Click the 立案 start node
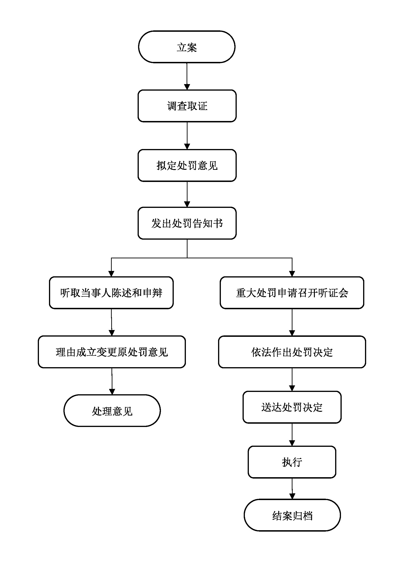pyautogui.click(x=187, y=47)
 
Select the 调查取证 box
pyautogui.click(x=187, y=106)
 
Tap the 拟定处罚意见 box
pyautogui.click(x=187, y=166)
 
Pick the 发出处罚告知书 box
pyautogui.click(x=187, y=223)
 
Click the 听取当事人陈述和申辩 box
pyautogui.click(x=111, y=293)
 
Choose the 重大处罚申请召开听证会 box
pyautogui.click(x=292, y=293)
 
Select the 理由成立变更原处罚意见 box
pyautogui.click(x=112, y=352)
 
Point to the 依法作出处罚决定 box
pyautogui.click(x=292, y=352)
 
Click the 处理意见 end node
pyautogui.click(x=112, y=411)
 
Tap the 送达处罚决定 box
pyautogui.click(x=292, y=407)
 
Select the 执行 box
pyautogui.click(x=292, y=462)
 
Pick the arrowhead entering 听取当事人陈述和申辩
pyautogui.click(x=111, y=274)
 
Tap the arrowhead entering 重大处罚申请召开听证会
pyautogui.click(x=292, y=274)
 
